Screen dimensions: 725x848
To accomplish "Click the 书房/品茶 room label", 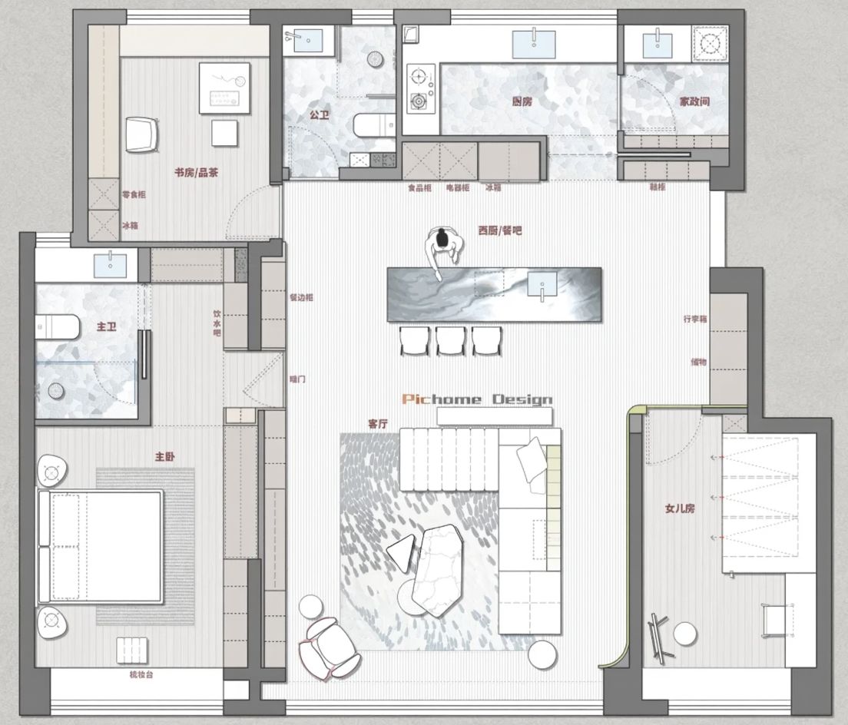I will point(196,172).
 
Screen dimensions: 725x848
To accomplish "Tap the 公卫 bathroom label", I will point(319,114).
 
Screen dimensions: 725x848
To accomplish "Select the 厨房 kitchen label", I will point(522,101).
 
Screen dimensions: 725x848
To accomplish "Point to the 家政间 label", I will point(694,101).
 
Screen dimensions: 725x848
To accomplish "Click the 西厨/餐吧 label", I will point(499,230).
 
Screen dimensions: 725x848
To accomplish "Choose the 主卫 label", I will point(106,326).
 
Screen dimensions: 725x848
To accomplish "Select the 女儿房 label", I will point(680,508).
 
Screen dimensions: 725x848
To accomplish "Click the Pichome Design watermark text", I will point(477,399).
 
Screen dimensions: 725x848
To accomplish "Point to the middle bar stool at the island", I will point(450,339).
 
